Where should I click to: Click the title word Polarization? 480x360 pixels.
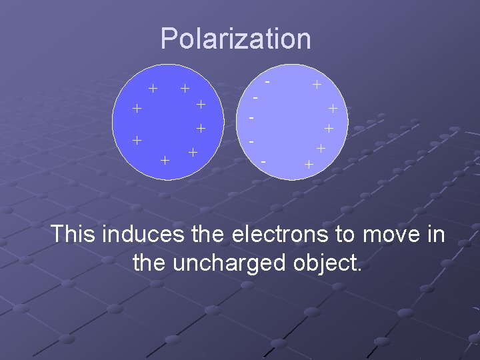coord(235,39)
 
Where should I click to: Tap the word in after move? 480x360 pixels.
coord(436,235)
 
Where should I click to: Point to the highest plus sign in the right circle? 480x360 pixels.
coord(317,85)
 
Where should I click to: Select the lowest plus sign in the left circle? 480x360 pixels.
coord(165,160)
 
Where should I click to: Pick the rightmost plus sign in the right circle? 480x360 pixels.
coord(333,109)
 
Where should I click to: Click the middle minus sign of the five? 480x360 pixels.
coord(251,119)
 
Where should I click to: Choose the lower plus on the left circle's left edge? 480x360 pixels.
coord(136,140)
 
